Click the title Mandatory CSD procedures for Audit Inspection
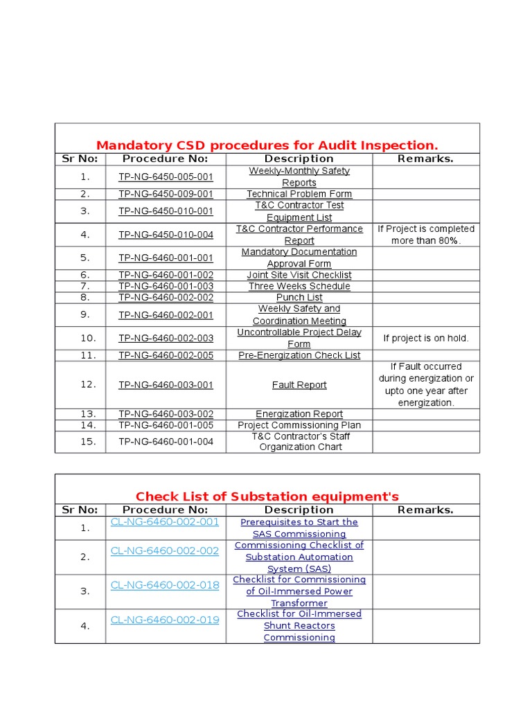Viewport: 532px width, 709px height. [x=267, y=145]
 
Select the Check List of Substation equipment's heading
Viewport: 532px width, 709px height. [x=267, y=496]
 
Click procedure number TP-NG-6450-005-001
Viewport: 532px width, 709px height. [x=166, y=177]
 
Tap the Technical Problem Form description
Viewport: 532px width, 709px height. [x=299, y=194]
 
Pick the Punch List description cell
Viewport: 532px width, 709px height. [x=299, y=297]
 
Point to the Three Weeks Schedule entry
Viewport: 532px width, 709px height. [x=299, y=286]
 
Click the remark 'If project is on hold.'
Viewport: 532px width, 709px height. [x=426, y=339]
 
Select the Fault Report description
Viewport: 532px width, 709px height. [x=299, y=385]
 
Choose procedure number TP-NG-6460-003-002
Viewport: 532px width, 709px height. [x=166, y=414]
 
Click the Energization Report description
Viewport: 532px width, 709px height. [x=299, y=414]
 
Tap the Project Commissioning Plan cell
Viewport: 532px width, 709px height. [x=299, y=425]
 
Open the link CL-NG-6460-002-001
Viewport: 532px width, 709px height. [x=165, y=522]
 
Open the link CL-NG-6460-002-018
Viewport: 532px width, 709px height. [x=165, y=585]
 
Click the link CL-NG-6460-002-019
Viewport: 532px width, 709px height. [x=165, y=620]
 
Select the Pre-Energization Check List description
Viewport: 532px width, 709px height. [x=299, y=355]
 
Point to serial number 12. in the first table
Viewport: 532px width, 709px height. [x=88, y=384]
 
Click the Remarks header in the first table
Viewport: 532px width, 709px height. [x=425, y=159]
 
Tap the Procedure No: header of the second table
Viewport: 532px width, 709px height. [x=166, y=510]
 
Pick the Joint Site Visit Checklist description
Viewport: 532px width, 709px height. [x=299, y=275]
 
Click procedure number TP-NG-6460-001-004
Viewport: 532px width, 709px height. [x=166, y=441]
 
